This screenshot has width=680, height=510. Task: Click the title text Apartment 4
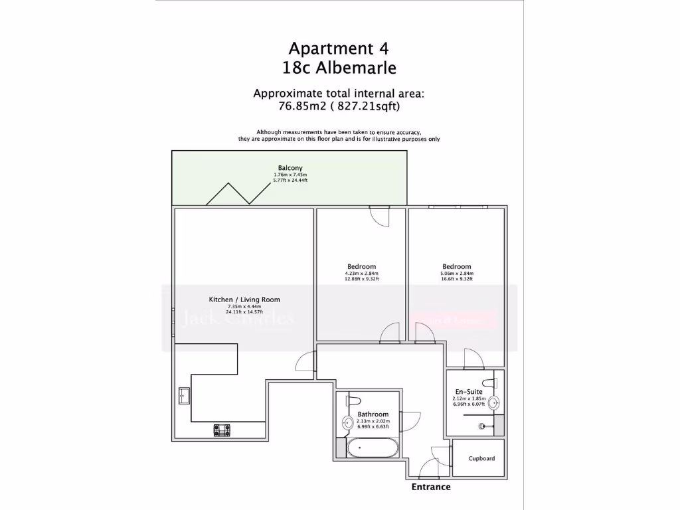[x=339, y=48]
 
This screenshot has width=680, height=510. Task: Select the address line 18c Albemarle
[x=339, y=68]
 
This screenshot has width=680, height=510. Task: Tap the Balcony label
[x=290, y=168]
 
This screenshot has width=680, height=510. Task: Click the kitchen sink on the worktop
[x=183, y=396]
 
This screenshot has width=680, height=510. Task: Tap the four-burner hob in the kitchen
[x=222, y=430]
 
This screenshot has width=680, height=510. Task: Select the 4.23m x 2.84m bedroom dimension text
[x=361, y=273]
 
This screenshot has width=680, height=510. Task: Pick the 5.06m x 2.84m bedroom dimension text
[x=456, y=273]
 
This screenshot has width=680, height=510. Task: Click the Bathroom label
[x=373, y=414]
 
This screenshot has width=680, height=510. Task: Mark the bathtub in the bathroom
[x=373, y=448]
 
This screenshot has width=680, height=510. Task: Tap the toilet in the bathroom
[x=353, y=400]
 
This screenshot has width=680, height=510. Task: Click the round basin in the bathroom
[x=347, y=422]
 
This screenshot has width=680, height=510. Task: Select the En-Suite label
[x=469, y=392]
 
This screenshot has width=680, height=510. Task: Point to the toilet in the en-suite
[x=490, y=383]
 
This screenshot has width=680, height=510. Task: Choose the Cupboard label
[x=481, y=458]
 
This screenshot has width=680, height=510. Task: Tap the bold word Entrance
[x=432, y=487]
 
